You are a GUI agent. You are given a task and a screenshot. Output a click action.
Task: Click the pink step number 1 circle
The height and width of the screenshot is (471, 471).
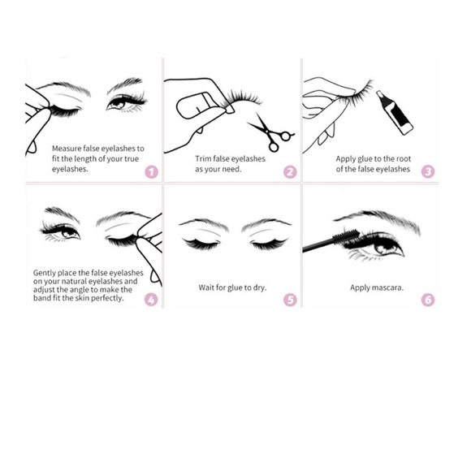[150, 172]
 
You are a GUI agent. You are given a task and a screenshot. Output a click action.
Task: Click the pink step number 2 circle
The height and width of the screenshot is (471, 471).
[290, 172]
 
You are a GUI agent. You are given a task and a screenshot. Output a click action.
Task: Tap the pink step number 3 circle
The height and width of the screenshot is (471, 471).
[428, 172]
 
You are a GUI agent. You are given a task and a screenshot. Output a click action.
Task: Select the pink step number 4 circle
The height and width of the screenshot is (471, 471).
[150, 300]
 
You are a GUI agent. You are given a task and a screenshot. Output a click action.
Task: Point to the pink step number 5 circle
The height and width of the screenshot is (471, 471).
[290, 300]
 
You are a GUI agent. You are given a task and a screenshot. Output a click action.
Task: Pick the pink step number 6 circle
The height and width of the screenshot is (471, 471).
[428, 300]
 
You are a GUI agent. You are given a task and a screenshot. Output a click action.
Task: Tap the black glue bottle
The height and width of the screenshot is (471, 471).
[394, 112]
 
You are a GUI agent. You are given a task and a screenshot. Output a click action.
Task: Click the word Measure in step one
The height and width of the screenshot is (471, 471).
[68, 149]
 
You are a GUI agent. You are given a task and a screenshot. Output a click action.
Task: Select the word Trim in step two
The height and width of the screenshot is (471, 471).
[203, 160]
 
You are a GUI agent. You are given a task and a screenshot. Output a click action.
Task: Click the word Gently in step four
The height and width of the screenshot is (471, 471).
[45, 273]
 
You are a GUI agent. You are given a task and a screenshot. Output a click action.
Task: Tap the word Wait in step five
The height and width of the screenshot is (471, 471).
[207, 287]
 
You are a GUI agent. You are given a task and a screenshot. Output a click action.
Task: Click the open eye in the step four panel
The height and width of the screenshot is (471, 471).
[63, 231]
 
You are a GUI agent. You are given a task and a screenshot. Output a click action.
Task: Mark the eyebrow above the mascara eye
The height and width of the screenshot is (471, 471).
[374, 218]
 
